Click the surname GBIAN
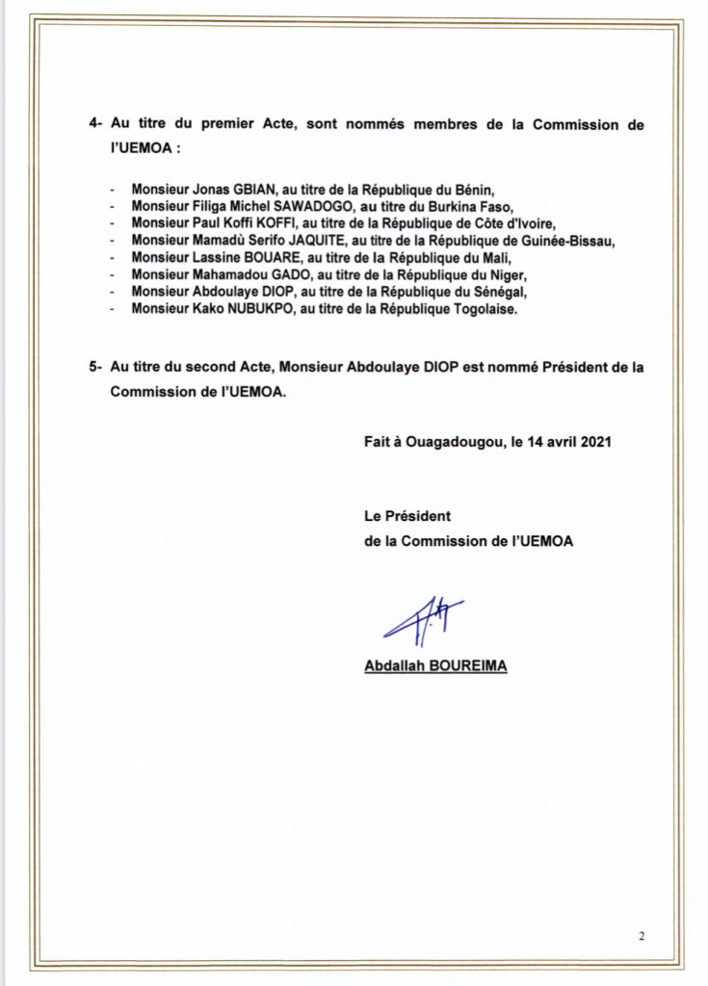click(231, 191)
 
